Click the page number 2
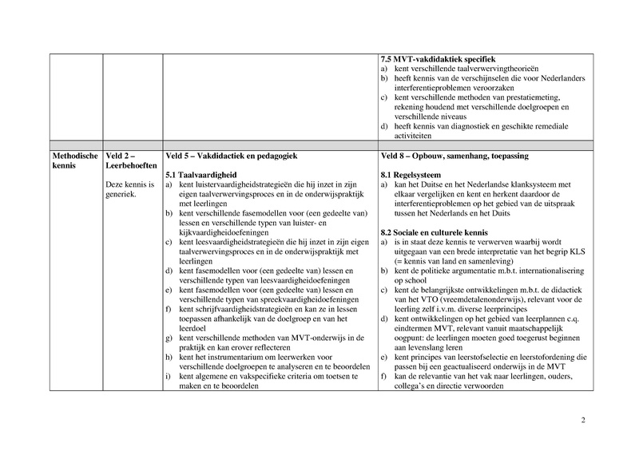tap(583, 421)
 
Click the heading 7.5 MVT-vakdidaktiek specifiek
tap(438, 58)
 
